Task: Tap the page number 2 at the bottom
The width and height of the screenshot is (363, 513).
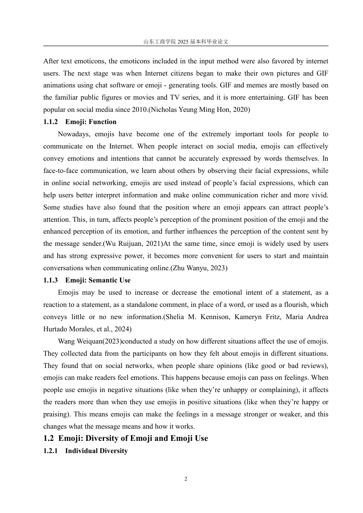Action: (186, 479)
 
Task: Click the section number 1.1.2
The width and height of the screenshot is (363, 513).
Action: (50, 122)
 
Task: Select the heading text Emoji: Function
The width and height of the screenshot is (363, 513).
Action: (91, 122)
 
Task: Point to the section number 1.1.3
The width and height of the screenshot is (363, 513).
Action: (50, 281)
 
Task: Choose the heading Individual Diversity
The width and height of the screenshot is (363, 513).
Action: (96, 451)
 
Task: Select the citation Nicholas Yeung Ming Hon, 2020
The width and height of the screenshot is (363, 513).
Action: (199, 110)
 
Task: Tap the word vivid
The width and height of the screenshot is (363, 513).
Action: (319, 195)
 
